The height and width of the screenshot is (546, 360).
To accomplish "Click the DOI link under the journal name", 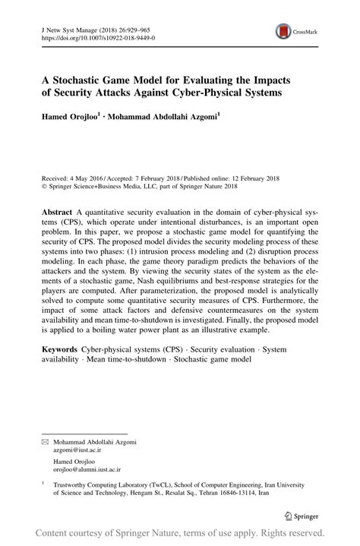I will tap(92, 36).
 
